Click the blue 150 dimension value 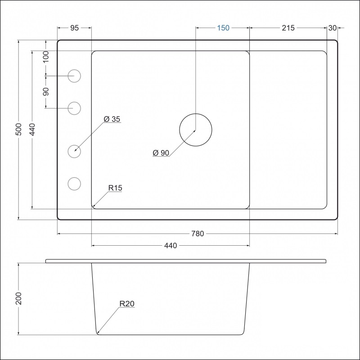(223, 28)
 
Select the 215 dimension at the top (288, 28)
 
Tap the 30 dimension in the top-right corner (333, 28)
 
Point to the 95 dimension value (75, 28)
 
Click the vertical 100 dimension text (45, 58)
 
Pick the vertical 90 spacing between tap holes (45, 92)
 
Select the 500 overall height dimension (18, 130)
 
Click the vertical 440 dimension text (32, 130)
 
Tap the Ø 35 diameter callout (112, 119)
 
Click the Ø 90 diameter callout (161, 153)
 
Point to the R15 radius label (115, 188)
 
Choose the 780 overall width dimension (198, 234)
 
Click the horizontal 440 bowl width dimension (171, 246)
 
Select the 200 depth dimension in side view (18, 298)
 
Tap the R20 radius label (127, 304)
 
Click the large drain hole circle (195, 130)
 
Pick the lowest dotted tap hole (74, 184)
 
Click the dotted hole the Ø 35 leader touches (74, 151)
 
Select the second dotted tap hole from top (74, 108)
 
